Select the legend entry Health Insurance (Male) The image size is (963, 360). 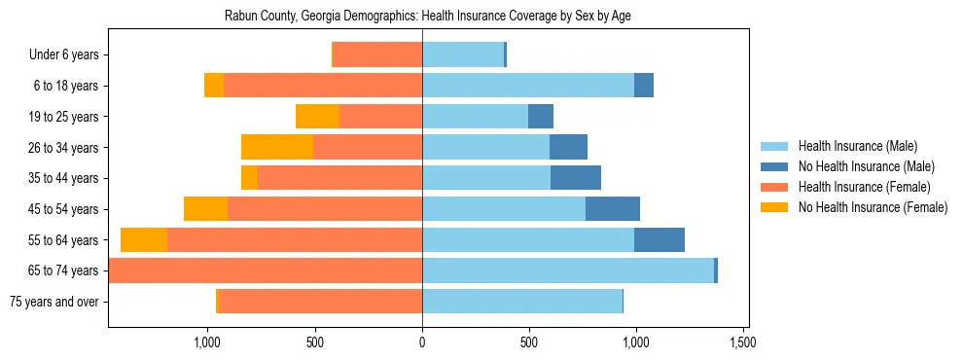click(x=855, y=146)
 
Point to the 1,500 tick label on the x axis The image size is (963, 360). click(x=743, y=342)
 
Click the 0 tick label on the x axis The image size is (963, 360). click(x=422, y=342)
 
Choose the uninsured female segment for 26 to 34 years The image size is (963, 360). click(x=277, y=147)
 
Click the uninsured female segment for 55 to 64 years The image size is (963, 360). click(x=144, y=239)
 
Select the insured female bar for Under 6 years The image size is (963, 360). click(x=377, y=55)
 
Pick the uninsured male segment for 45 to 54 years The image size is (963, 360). click(x=613, y=209)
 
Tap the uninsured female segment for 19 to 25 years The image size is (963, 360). click(x=317, y=117)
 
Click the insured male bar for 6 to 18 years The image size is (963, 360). click(x=528, y=86)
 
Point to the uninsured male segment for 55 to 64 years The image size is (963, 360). click(x=660, y=239)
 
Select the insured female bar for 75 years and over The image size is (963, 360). click(x=321, y=302)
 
